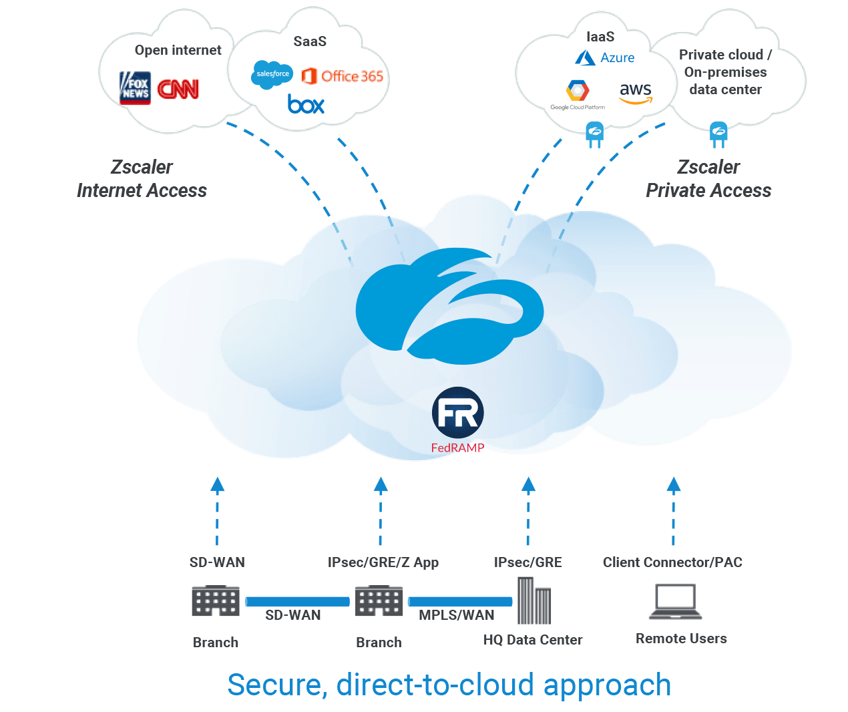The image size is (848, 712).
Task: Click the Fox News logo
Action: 135,88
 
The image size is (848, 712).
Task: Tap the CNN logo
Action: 178,89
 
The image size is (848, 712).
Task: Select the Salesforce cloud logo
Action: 272,74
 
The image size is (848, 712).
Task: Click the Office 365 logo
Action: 343,76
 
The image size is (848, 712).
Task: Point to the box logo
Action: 306,104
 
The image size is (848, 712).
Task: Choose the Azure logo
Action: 605,58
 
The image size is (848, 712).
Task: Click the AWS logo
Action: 635,93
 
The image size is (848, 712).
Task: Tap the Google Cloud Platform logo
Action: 578,94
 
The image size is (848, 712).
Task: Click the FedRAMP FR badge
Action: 457,412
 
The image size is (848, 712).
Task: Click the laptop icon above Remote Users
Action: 676,602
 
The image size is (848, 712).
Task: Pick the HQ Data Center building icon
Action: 534,600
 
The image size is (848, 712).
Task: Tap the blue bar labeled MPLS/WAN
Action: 460,602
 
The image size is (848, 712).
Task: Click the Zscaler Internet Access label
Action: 142,179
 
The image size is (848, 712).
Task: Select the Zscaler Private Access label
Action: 708,179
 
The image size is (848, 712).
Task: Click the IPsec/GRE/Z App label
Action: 383,562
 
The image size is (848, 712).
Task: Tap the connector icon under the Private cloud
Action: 718,134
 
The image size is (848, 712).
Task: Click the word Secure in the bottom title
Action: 276,685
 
